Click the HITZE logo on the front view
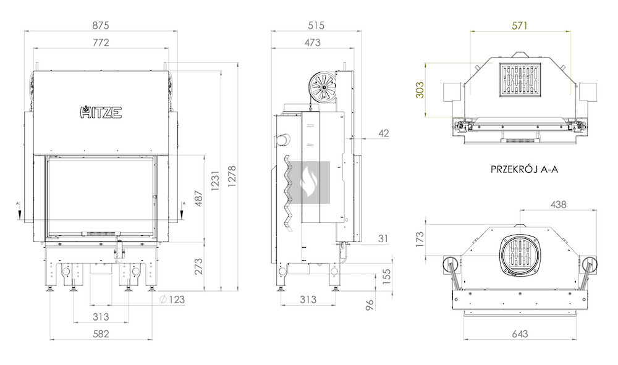[101, 112]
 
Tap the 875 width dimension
[101, 25]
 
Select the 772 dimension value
[101, 43]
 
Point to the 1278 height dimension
[232, 177]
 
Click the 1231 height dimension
[215, 181]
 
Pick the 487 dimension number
[198, 199]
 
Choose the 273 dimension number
[198, 266]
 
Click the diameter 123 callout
[172, 300]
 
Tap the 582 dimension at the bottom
[101, 334]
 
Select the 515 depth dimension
[316, 25]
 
